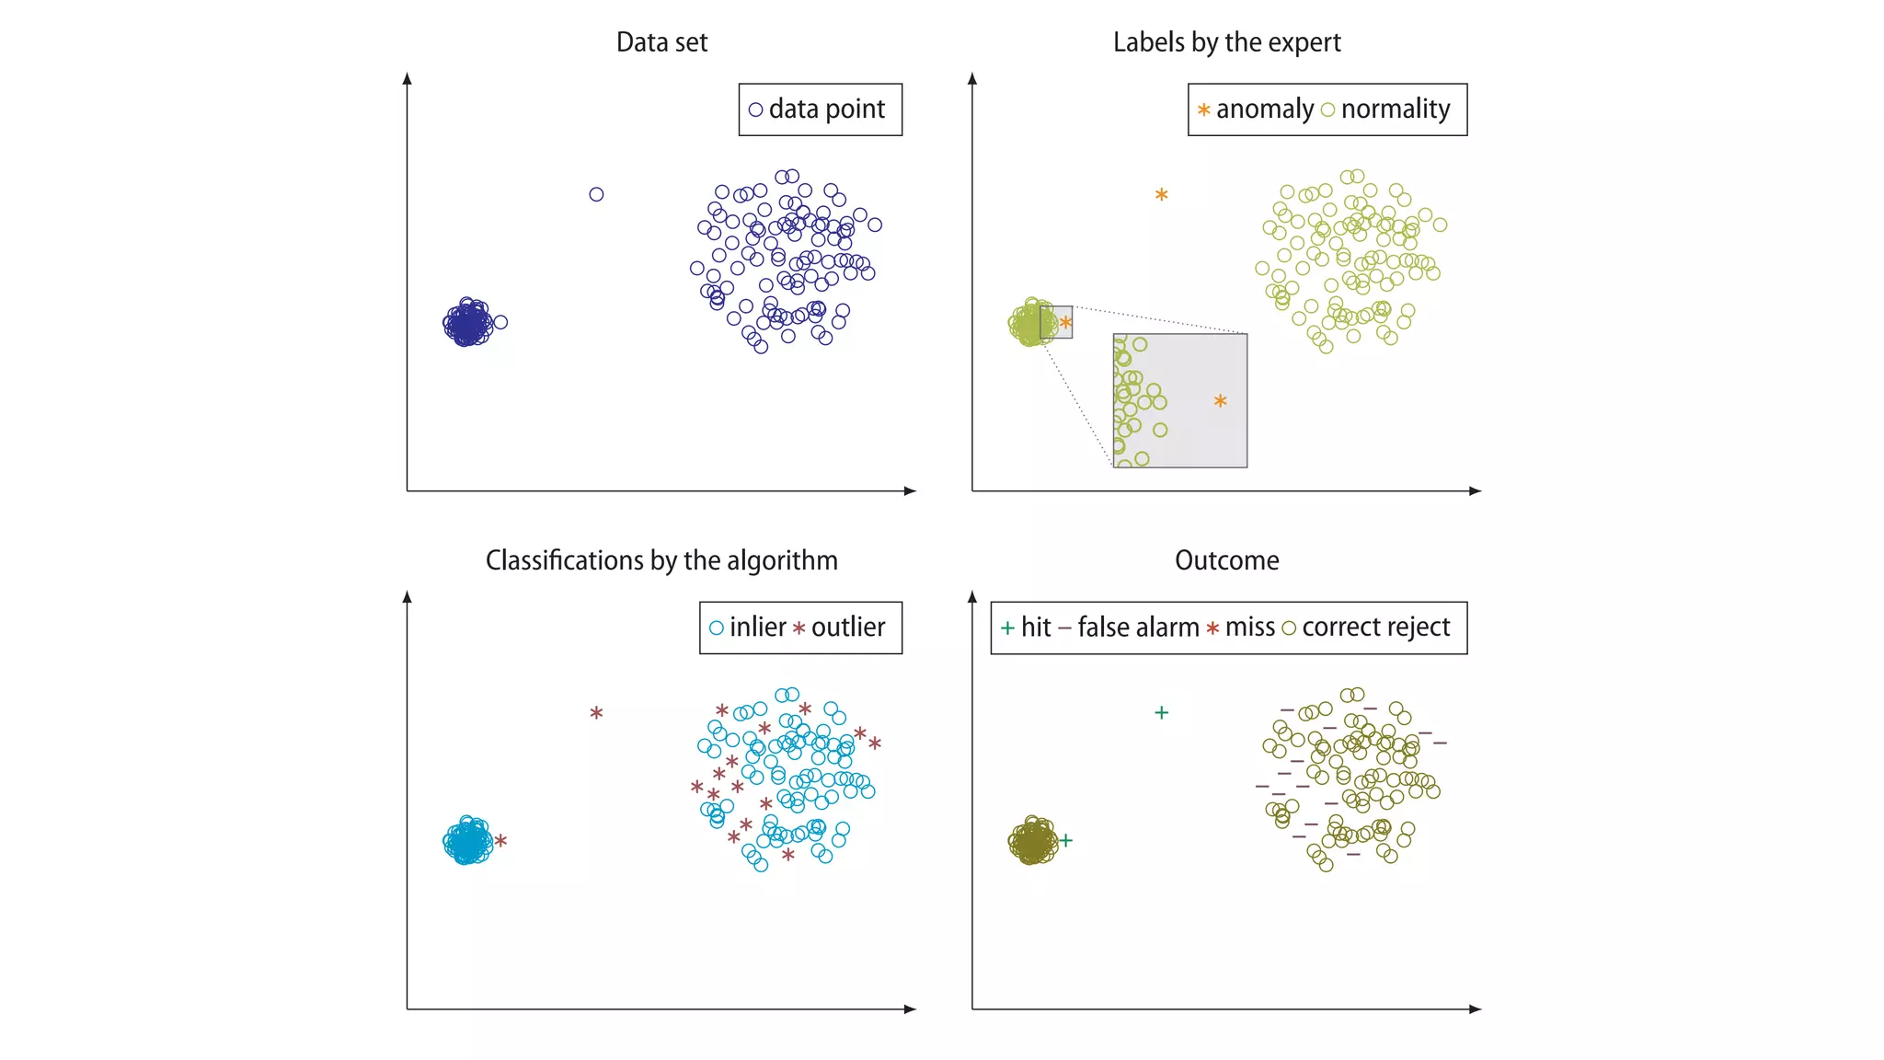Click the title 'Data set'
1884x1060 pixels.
[661, 42]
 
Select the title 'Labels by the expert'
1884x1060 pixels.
[1226, 42]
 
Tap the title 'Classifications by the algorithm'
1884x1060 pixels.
[661, 560]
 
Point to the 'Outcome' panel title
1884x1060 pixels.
[1226, 560]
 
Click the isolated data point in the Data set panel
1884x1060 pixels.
[596, 194]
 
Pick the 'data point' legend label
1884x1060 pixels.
[826, 109]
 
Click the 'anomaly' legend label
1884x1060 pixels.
[1264, 109]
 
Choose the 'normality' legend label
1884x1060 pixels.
[1395, 109]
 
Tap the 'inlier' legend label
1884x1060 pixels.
[757, 628]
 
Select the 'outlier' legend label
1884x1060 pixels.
[847, 628]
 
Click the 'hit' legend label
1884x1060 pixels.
[1035, 628]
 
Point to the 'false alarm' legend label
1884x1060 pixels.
[1138, 628]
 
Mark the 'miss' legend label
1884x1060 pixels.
[1249, 628]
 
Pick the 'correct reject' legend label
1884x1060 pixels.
[1375, 628]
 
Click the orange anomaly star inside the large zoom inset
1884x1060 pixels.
[1220, 401]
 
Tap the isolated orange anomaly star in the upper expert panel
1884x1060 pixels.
[1162, 195]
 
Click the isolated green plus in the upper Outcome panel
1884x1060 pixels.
[1162, 712]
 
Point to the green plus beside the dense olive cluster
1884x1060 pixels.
[1066, 840]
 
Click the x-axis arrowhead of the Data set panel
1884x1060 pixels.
[911, 491]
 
